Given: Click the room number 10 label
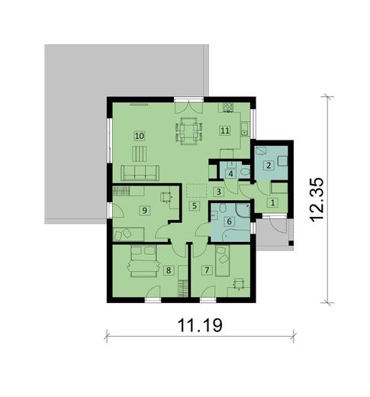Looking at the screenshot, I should pyautogui.click(x=140, y=135).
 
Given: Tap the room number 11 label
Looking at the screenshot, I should pyautogui.click(x=225, y=131).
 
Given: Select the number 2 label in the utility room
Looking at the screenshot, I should pyautogui.click(x=268, y=165).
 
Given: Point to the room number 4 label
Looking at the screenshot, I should pyautogui.click(x=230, y=173).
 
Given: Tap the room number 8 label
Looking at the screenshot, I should pyautogui.click(x=169, y=269).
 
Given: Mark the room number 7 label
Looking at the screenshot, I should pyautogui.click(x=206, y=269).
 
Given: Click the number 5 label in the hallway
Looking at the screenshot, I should pyautogui.click(x=195, y=205).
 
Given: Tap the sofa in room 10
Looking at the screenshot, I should pyautogui.click(x=140, y=172).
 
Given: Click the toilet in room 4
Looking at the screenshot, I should pyautogui.click(x=243, y=173).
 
